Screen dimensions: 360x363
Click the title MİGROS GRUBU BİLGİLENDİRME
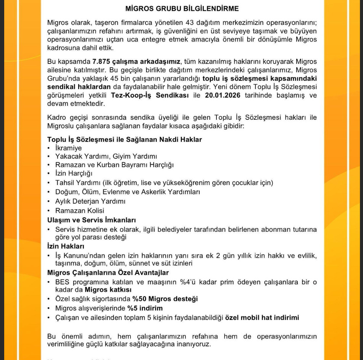tap(182, 8)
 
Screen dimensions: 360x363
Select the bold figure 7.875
tap(101, 62)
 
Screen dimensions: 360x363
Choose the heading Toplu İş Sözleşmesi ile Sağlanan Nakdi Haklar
tap(124, 139)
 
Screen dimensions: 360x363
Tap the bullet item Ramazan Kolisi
tap(79, 211)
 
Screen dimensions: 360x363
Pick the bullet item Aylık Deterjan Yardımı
tap(90, 201)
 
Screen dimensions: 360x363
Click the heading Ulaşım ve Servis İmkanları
tap(92, 220)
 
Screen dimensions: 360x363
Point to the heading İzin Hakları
tap(66, 246)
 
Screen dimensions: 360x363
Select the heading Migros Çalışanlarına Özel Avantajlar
tap(108, 273)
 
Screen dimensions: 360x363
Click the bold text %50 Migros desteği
tap(165, 299)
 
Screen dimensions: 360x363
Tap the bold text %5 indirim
tap(145, 308)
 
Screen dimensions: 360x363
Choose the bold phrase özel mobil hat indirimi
tap(262, 317)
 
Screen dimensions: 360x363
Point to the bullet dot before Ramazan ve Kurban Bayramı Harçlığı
tap(49, 165)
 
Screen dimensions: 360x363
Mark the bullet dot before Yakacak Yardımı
tap(49, 156)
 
